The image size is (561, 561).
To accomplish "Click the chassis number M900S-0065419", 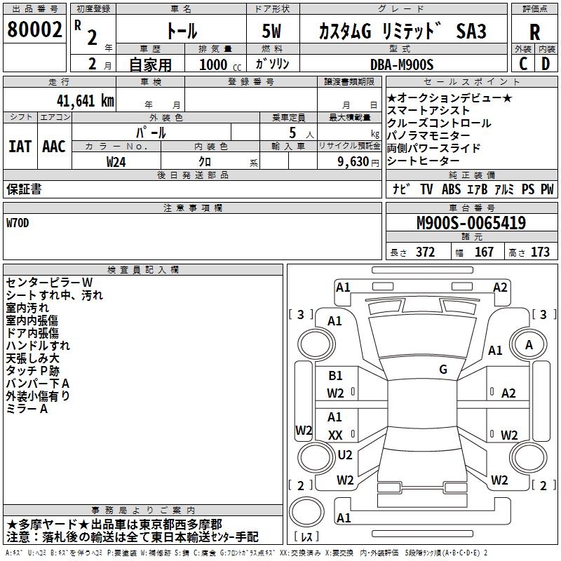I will [471, 224].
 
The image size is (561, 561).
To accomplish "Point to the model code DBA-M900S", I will [402, 65].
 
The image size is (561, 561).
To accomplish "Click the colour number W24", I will [116, 161].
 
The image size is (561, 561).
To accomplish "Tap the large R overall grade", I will [534, 32].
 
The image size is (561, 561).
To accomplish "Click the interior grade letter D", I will [545, 64].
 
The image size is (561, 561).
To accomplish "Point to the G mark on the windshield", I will [442, 369].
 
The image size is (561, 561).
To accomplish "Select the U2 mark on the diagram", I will [344, 454].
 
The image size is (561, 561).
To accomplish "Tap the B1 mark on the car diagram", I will [335, 376].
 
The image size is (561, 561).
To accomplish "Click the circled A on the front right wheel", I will [529, 344].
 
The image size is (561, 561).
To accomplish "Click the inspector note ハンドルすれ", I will [38, 346].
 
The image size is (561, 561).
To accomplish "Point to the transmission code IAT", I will [20, 147].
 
